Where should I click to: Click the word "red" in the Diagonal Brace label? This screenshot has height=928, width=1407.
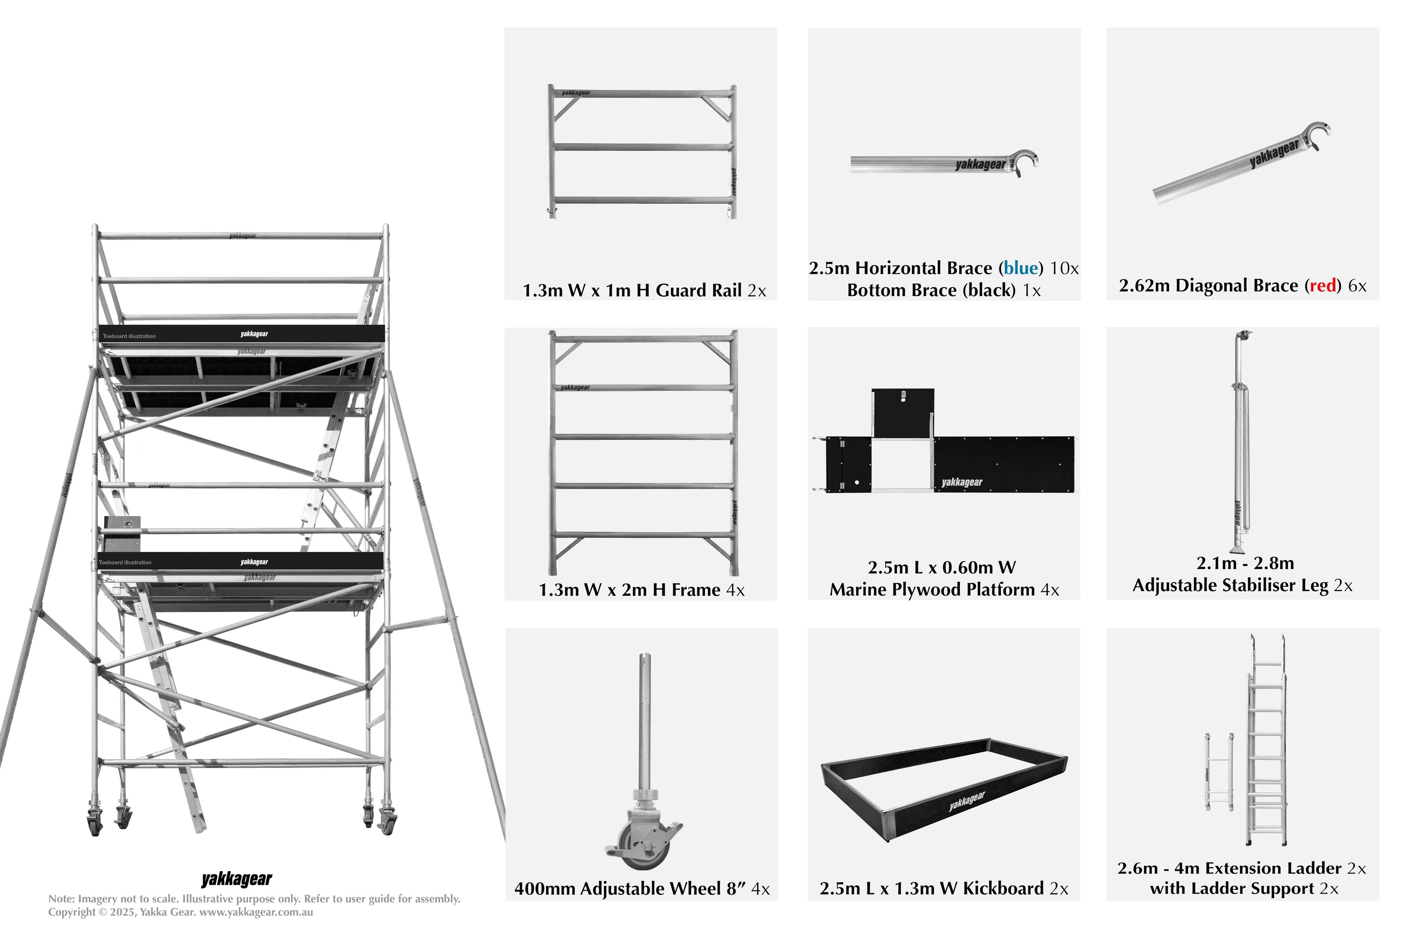[x=1323, y=286]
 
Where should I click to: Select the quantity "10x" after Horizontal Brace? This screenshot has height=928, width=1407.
[x=1064, y=269]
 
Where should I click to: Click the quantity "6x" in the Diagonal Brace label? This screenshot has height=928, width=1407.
[x=1357, y=286]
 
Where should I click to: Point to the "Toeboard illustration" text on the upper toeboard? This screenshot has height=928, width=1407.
[x=129, y=336]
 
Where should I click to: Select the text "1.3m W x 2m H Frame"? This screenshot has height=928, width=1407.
[x=629, y=590]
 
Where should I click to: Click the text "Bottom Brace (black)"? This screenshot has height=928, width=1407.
[x=931, y=291]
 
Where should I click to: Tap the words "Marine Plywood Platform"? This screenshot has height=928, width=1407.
[x=932, y=590]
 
